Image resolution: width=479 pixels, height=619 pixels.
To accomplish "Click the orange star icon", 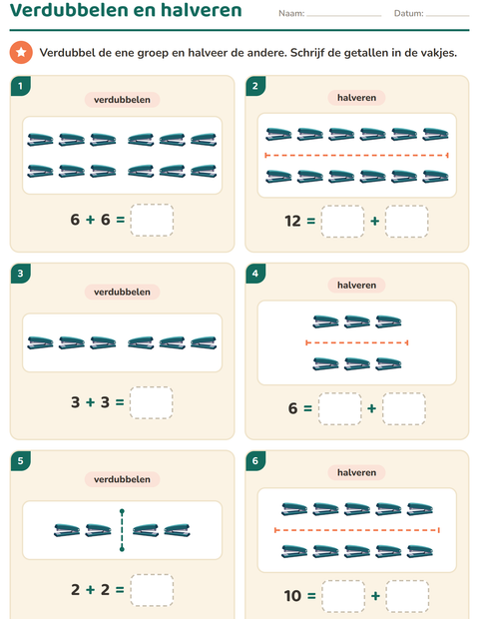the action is (21, 52).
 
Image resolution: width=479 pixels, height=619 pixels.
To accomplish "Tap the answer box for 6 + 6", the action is (152, 220).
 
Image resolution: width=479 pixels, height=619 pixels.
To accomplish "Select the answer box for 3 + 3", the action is (152, 402).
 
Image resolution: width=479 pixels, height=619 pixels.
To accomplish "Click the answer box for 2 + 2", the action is (152, 590).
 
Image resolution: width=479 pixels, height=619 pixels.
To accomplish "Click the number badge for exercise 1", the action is (21, 86).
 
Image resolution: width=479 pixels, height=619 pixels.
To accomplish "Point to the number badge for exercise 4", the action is (255, 274).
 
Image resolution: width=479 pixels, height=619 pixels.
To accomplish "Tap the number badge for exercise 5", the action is (21, 460).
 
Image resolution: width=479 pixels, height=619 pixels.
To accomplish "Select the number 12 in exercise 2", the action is (292, 221).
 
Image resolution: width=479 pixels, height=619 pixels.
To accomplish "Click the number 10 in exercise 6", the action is (292, 596).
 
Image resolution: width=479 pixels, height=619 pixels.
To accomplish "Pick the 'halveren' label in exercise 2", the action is (356, 98).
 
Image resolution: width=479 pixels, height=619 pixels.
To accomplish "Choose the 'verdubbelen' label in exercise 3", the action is (122, 293).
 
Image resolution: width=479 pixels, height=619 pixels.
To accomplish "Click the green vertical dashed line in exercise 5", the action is (122, 530).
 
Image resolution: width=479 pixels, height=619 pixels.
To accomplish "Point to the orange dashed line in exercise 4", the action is (356, 342).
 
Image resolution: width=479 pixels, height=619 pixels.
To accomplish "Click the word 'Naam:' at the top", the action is (291, 13).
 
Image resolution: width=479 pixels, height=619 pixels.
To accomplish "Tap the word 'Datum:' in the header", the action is (409, 13).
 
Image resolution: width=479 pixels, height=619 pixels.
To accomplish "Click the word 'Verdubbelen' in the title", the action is (69, 10).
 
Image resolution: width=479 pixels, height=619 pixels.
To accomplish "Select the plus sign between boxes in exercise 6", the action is (375, 596).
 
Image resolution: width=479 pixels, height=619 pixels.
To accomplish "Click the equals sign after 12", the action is (311, 221).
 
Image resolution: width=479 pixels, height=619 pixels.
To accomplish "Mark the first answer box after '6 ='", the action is (339, 408).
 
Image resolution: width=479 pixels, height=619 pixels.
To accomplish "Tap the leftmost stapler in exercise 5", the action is (67, 530).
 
